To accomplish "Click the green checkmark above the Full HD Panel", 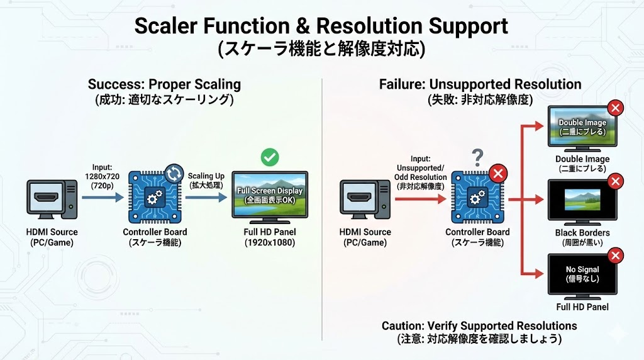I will pyautogui.click(x=270, y=157).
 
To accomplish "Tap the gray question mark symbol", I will pyautogui.click(x=477, y=155).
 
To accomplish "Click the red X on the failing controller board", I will pyautogui.click(x=499, y=174).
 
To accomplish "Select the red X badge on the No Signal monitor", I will pyautogui.click(x=616, y=255).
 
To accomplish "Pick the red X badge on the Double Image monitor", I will pyautogui.click(x=616, y=108).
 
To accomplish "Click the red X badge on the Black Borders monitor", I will pyautogui.click(x=616, y=182).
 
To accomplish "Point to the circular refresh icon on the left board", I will pyautogui.click(x=174, y=173).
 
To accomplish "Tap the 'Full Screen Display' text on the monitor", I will pyautogui.click(x=269, y=191).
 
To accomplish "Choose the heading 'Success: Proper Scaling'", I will pyautogui.click(x=164, y=84).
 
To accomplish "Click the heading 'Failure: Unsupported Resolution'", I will pyautogui.click(x=480, y=84).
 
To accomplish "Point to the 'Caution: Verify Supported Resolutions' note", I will pyautogui.click(x=479, y=326).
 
